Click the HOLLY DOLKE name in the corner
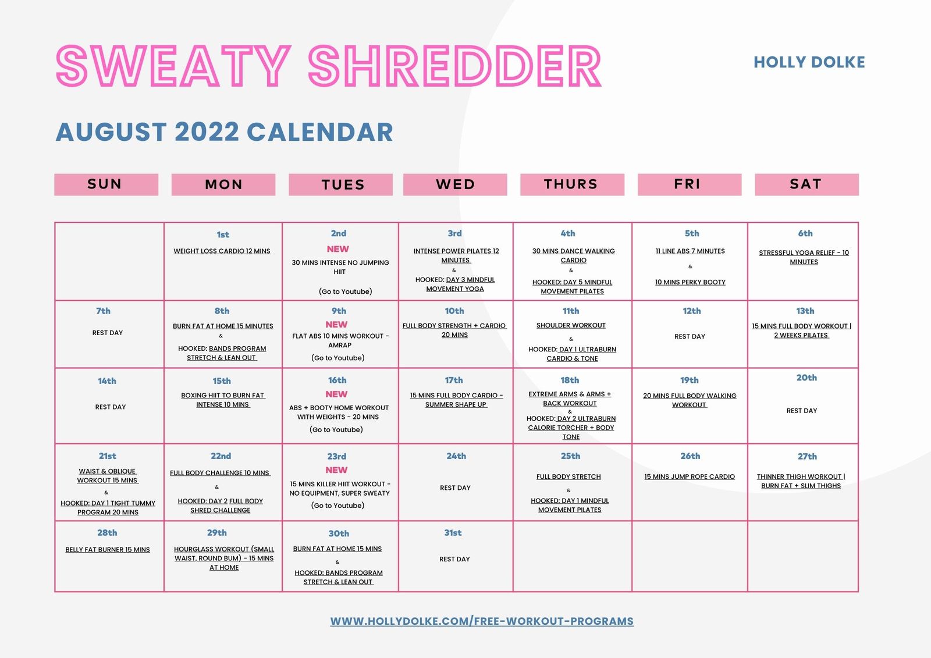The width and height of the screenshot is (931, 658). (809, 62)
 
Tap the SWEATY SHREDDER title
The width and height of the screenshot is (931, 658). (328, 66)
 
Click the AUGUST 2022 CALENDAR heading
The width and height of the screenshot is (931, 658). (225, 132)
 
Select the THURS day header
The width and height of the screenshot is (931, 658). (571, 184)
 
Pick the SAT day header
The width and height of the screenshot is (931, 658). (806, 184)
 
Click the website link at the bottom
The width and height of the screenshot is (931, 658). (482, 621)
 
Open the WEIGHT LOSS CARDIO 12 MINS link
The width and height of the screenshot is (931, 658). (222, 251)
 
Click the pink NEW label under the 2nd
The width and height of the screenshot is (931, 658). (337, 249)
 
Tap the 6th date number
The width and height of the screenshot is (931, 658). (805, 233)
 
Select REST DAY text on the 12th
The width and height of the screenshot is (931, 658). (690, 336)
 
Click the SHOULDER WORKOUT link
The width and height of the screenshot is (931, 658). (571, 325)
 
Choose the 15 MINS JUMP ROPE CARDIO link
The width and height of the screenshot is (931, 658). (690, 476)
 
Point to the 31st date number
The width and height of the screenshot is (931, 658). (453, 533)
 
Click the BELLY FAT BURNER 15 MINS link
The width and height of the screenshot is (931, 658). (108, 550)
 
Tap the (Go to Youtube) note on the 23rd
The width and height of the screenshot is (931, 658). (337, 506)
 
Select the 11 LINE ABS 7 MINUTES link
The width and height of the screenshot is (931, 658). (690, 251)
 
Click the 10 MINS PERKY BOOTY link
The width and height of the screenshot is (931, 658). (690, 282)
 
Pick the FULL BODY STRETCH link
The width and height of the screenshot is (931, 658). (568, 476)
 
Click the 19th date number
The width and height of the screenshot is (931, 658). (690, 380)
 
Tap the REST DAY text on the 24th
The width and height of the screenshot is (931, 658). (455, 488)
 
